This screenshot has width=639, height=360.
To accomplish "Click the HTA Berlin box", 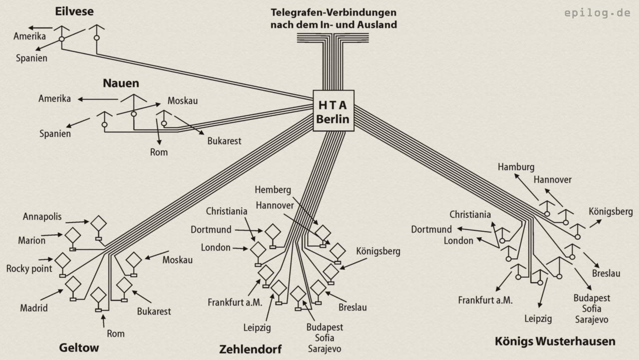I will (333, 111).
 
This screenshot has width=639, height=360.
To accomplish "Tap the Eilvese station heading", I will (74, 11).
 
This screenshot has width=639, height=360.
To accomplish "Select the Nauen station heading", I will (121, 83).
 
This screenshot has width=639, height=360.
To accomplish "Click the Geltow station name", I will (79, 347).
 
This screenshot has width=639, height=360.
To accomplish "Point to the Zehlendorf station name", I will (251, 349).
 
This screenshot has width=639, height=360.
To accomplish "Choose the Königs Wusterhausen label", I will (555, 342).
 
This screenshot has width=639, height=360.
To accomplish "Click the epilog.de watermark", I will (598, 13).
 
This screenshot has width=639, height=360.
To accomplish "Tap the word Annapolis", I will (42, 216).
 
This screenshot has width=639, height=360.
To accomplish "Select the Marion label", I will (32, 240).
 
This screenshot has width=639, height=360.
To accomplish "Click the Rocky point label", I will (29, 269).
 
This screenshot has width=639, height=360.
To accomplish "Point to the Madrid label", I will (34, 308).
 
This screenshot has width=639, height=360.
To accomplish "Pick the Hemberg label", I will (273, 190).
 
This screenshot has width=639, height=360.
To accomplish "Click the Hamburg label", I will (516, 167).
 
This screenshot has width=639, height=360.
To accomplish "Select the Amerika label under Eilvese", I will (30, 36).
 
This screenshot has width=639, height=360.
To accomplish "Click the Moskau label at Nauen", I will (183, 101).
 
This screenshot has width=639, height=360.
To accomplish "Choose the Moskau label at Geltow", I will (178, 260).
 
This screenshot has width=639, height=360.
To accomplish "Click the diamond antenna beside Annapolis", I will (98, 223).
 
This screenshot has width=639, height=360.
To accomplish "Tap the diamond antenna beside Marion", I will (73, 235).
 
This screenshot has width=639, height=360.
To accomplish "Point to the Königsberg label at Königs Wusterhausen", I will (611, 211).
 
